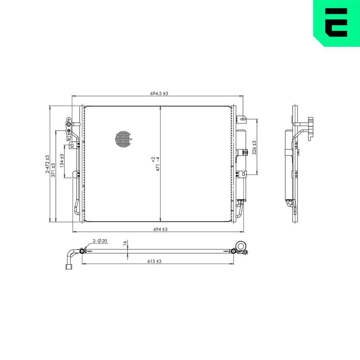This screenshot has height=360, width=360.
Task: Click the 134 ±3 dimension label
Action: [62, 161]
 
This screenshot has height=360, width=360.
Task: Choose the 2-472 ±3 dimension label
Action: [47, 164]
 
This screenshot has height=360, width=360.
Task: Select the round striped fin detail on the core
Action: [123, 139]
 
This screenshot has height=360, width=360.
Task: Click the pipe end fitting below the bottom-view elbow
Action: [69, 267]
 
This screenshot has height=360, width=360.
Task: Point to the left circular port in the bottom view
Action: [82, 251]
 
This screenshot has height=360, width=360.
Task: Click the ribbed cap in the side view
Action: [311, 128]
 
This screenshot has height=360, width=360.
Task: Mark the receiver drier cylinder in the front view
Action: [241, 164]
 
